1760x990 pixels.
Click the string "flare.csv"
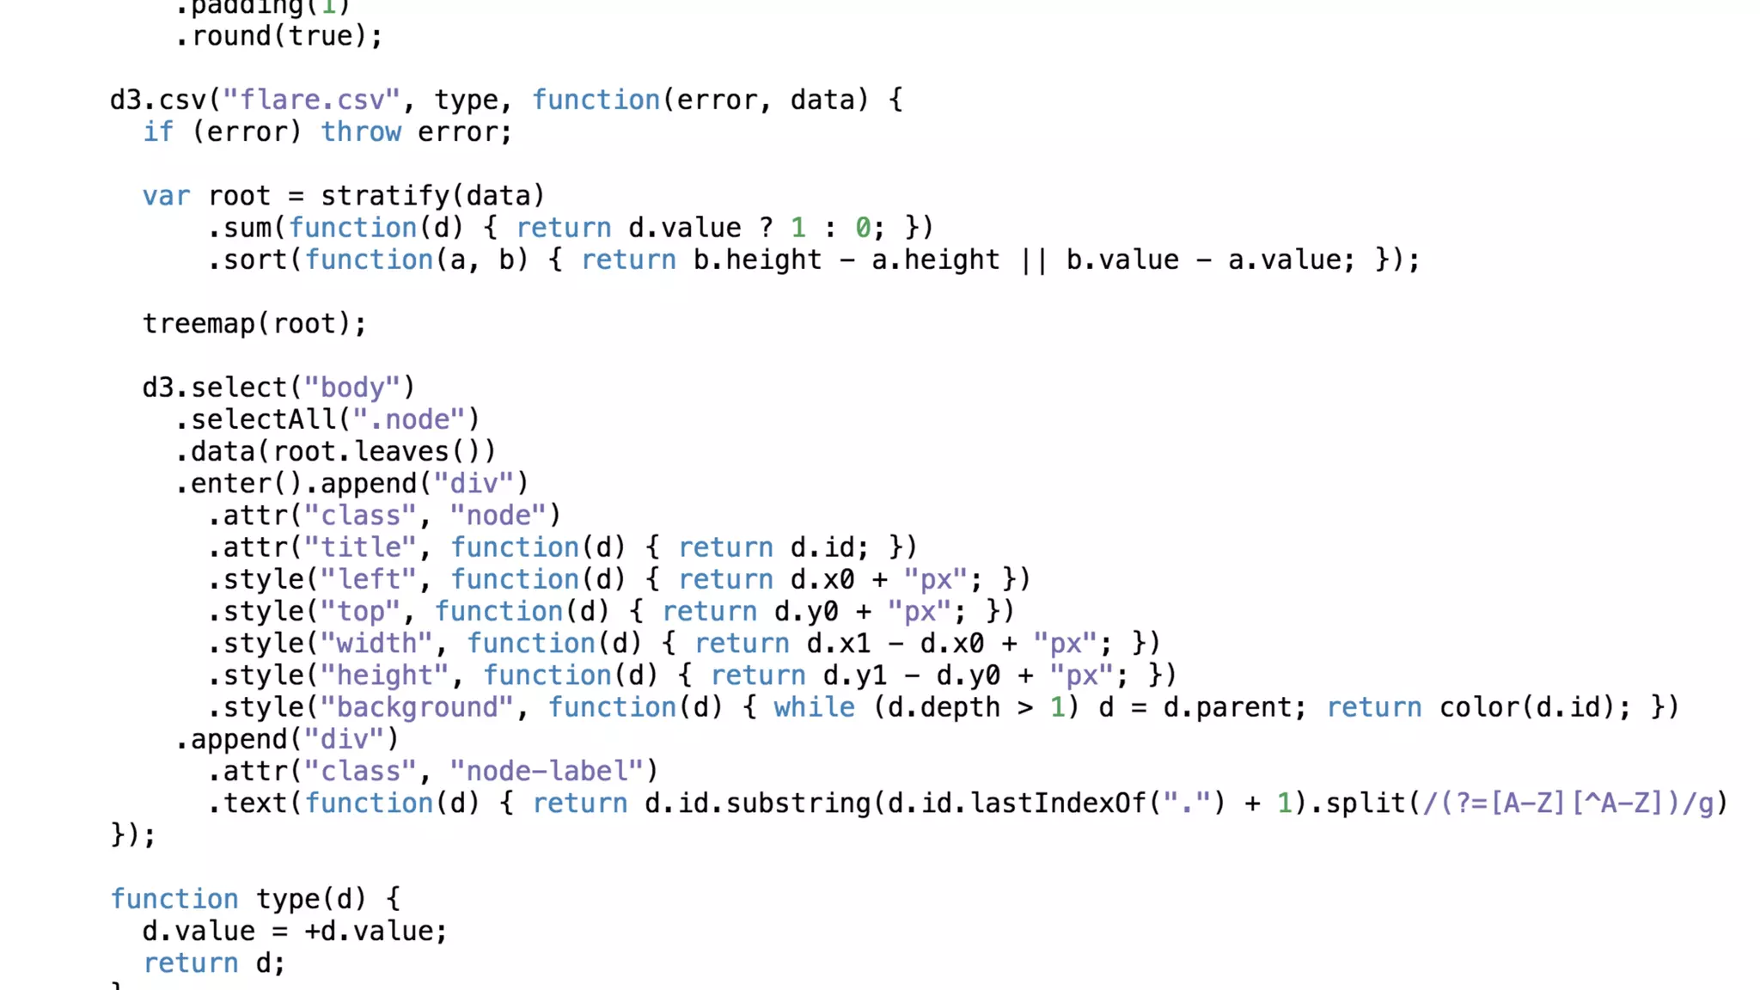(311, 100)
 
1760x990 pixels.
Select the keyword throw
(361, 132)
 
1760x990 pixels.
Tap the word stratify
(384, 196)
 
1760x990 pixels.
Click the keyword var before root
(166, 196)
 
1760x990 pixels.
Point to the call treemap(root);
(254, 324)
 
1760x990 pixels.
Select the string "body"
(351, 388)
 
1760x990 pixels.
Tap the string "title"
(360, 547)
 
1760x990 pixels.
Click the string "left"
(368, 579)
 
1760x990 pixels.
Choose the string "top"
(360, 612)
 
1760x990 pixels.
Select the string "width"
(376, 644)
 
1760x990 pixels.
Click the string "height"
(384, 675)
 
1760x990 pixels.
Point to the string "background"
(417, 707)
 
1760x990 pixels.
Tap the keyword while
(814, 707)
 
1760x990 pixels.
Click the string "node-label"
(547, 771)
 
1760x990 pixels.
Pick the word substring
(798, 804)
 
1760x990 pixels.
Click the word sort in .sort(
(255, 260)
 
